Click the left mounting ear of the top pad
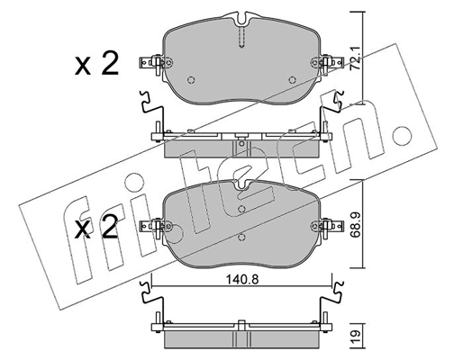[x=151, y=64]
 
